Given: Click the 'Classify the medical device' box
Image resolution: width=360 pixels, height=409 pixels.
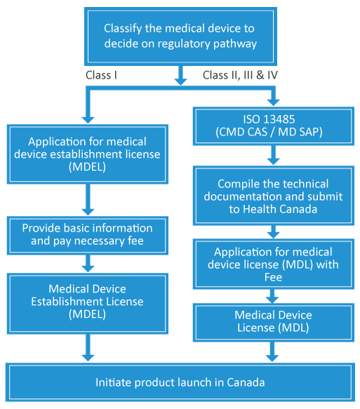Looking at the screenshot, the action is pos(180,36).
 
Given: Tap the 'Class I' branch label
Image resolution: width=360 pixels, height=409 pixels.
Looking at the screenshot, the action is pos(101,75).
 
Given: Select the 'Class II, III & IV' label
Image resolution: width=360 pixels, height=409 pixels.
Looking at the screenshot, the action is pos(240,75).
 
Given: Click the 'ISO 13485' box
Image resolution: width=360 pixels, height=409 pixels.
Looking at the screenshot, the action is pos(274,126).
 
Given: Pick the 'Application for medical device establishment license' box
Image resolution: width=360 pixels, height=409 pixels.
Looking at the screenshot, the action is pos(88,154).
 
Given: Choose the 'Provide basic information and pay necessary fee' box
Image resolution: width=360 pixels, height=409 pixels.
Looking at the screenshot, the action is pos(88,235).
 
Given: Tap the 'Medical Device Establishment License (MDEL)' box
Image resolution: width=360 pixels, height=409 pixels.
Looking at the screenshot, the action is pos(88,304).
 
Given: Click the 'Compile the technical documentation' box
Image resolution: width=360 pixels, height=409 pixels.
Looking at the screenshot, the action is pos(274,195).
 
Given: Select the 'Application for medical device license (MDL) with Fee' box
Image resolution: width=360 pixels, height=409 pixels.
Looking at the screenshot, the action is pos(274,264).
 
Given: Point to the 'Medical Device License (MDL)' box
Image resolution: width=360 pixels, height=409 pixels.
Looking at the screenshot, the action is pos(274,323).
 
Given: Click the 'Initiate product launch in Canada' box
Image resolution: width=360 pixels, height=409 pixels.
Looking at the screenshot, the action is pos(180,382).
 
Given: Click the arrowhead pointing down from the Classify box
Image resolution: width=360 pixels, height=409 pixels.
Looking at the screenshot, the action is pos(180,81).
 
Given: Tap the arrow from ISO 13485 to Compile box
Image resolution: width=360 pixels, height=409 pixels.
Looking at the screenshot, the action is pos(274,155).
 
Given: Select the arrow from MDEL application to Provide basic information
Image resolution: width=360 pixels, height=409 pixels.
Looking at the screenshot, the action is pos(88,200).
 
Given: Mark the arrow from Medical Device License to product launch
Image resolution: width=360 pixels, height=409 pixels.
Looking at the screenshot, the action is pos(272,352).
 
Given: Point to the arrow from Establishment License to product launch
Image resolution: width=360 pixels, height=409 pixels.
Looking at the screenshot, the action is pos(88,348).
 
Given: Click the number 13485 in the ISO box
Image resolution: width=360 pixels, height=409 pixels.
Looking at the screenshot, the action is pos(279,119).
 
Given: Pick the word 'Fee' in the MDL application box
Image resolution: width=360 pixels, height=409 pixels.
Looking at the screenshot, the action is pos(273,277).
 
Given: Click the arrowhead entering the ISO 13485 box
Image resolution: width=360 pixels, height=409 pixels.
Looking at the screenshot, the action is pos(274,102).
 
